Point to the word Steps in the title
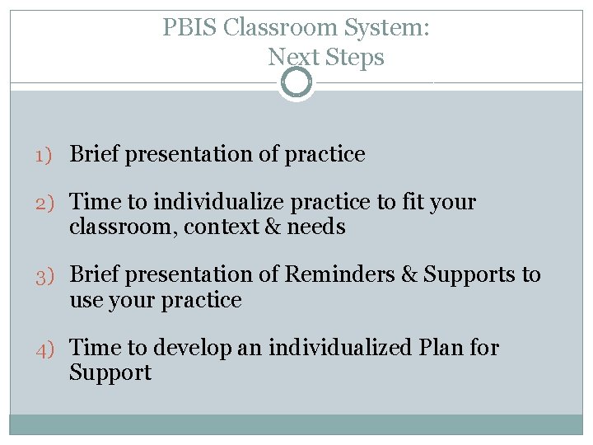(x=355, y=58)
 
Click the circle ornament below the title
(x=296, y=82)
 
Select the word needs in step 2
(x=316, y=227)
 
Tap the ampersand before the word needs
(x=273, y=227)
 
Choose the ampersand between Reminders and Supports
(x=409, y=274)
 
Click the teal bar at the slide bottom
(x=296, y=424)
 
